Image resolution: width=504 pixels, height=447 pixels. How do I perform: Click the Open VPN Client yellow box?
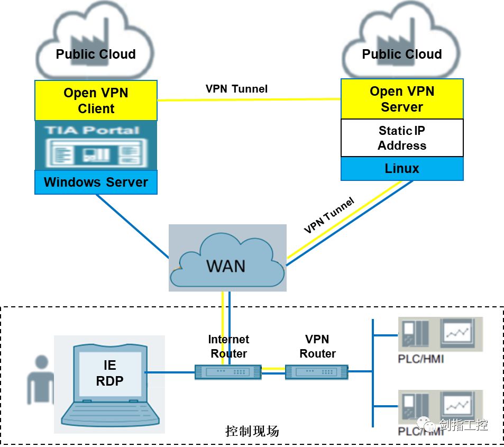point(96,101)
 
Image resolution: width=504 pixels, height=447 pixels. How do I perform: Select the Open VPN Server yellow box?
point(402,99)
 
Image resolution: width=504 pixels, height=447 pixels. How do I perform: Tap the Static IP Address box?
point(402,138)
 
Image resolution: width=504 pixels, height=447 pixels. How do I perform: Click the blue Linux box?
point(402,169)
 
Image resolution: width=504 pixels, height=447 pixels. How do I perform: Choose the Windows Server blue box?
point(96,183)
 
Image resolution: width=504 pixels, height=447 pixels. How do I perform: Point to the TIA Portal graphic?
point(96,145)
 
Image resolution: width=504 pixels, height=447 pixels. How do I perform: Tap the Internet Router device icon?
point(228,372)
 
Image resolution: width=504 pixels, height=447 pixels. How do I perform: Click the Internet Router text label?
point(228,346)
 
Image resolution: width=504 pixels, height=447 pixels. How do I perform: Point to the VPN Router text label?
point(317,346)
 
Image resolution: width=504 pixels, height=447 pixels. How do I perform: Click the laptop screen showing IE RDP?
point(110,373)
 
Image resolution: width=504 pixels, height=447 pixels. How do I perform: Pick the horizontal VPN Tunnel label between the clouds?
point(236,89)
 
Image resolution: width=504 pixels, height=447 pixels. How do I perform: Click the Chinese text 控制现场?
point(252,431)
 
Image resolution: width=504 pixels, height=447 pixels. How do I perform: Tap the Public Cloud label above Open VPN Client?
point(96,54)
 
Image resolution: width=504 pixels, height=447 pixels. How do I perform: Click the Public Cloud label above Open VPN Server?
point(402,54)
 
